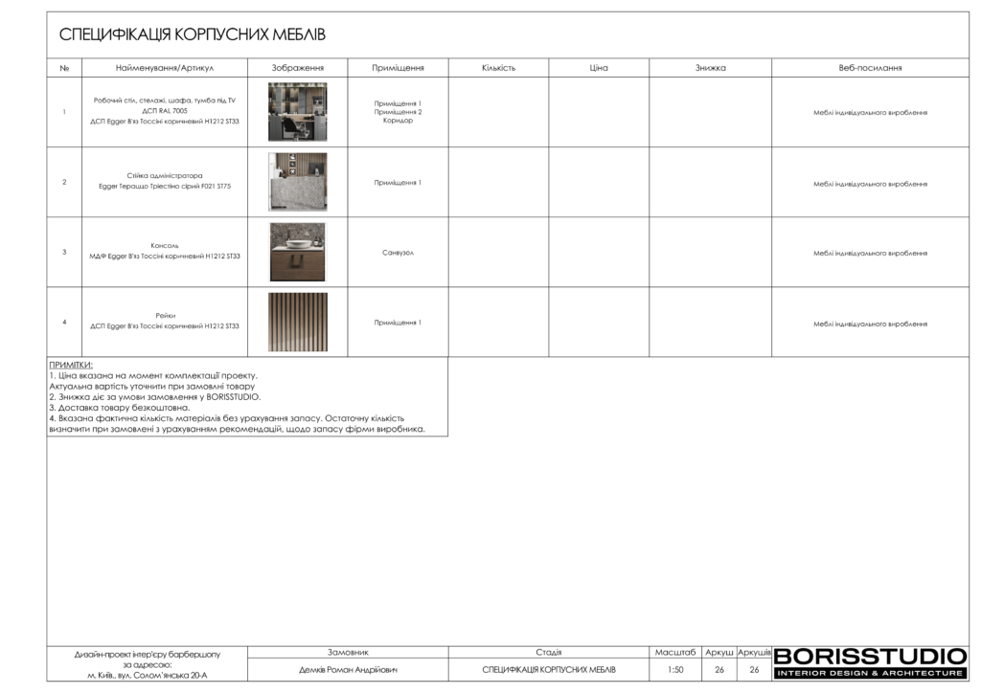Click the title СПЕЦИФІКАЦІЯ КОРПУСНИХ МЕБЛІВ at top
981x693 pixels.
[193, 35]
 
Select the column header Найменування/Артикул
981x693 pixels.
[164, 68]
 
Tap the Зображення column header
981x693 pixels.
[297, 68]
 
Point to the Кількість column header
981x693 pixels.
[498, 68]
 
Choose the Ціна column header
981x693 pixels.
[599, 68]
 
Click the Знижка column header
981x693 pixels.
[710, 68]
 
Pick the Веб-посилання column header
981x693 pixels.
[870, 68]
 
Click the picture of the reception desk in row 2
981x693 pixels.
[297, 182]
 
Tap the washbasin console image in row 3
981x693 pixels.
[297, 252]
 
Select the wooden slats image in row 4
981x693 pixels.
[297, 322]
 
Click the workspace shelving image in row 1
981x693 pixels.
[297, 112]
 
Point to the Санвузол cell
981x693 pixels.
[398, 253]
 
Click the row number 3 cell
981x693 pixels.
[64, 253]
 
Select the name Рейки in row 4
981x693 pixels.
[165, 315]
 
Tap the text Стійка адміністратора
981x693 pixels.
[165, 176]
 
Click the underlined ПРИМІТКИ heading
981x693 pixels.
[71, 365]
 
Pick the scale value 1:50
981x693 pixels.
[675, 670]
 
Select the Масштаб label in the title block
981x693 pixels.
[675, 652]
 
